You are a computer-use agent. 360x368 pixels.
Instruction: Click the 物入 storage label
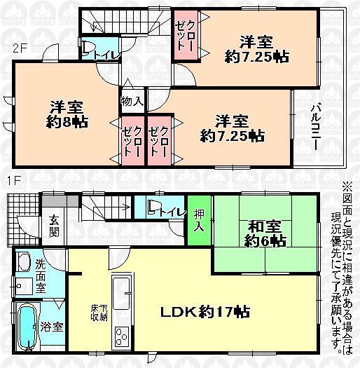coord(132,102)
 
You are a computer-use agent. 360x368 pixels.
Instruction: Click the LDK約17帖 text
coord(198,311)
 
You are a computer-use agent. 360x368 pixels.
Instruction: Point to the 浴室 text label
coord(53,326)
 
